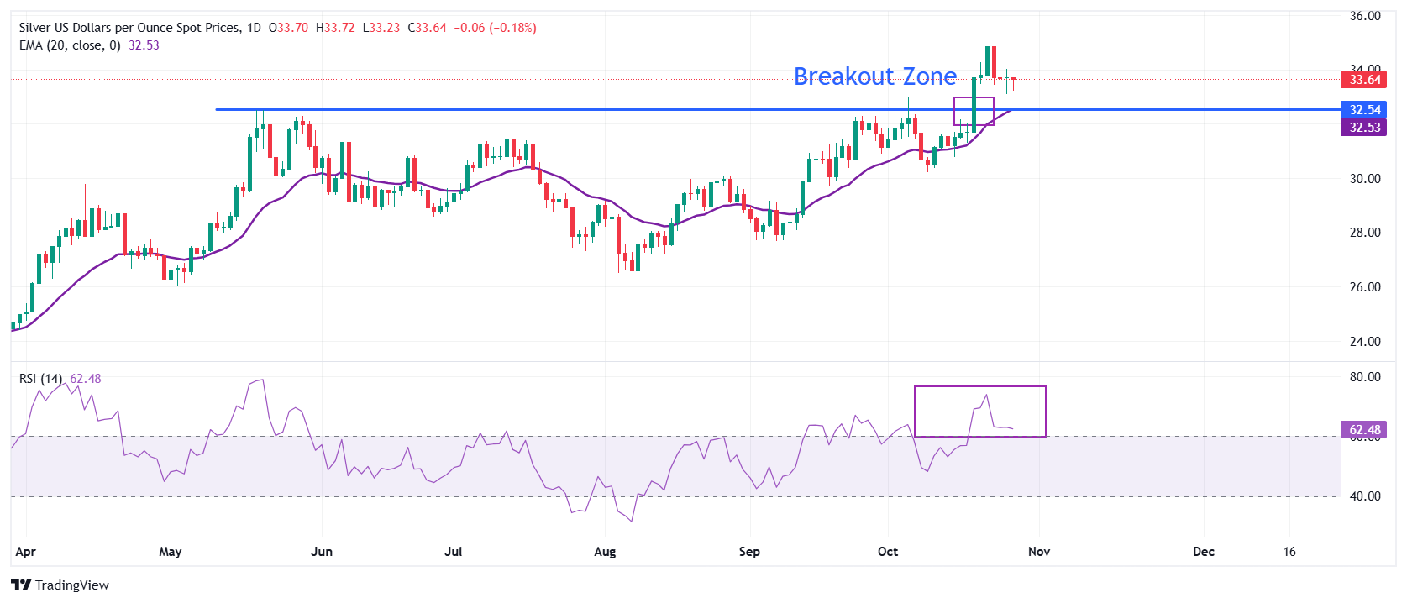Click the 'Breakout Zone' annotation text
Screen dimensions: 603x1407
tap(874, 76)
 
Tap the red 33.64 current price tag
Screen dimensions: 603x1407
tap(1364, 80)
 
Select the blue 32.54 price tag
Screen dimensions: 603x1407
tap(1364, 110)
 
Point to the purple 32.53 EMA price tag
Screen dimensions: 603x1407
tap(1364, 128)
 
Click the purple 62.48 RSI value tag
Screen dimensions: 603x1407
tap(1364, 430)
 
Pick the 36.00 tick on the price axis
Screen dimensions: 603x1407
tap(1364, 16)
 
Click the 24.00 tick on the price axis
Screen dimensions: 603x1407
tap(1364, 342)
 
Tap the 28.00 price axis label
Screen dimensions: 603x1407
tap(1364, 233)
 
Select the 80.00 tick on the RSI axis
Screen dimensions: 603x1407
tap(1364, 377)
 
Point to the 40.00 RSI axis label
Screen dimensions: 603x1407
tap(1364, 496)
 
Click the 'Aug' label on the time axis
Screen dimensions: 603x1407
tap(605, 552)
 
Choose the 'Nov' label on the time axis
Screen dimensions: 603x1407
tap(1039, 552)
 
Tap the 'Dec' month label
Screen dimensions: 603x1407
tap(1204, 552)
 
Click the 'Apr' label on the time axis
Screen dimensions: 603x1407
tap(26, 552)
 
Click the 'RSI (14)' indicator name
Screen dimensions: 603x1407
tap(40, 379)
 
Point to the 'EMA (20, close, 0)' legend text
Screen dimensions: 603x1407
tap(70, 45)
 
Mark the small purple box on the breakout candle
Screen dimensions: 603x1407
tap(974, 111)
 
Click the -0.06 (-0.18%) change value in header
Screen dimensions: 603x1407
tap(495, 28)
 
